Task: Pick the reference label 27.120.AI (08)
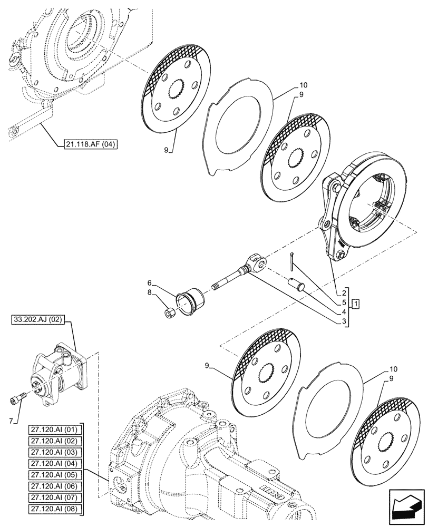(54, 509)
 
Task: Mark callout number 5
(344, 303)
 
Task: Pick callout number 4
(344, 311)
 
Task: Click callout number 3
(344, 320)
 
